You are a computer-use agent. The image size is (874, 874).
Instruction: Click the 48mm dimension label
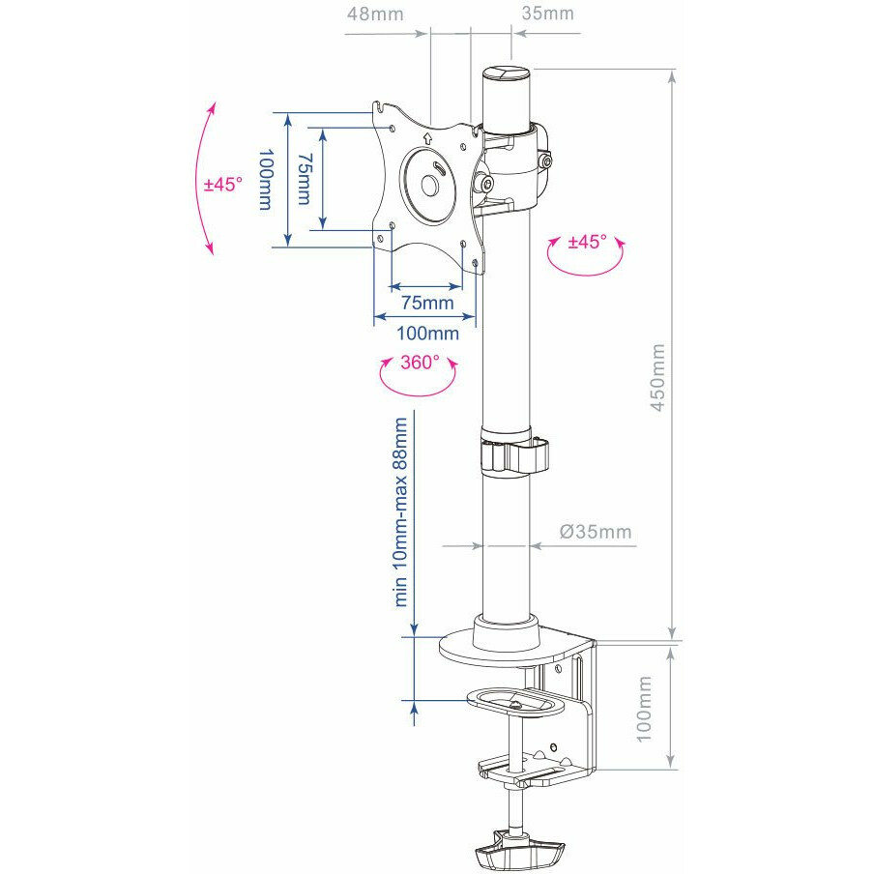(x=375, y=14)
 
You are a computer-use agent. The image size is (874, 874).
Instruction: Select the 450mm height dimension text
(x=657, y=377)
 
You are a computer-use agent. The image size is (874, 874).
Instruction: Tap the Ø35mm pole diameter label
(x=596, y=532)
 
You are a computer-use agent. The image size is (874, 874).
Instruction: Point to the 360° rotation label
(x=420, y=363)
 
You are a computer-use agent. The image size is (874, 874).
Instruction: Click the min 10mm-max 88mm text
(x=401, y=511)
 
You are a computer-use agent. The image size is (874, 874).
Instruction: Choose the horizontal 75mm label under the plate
(x=427, y=303)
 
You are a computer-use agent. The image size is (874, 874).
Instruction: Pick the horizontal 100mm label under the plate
(x=427, y=334)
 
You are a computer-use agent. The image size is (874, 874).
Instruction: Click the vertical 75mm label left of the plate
(x=305, y=179)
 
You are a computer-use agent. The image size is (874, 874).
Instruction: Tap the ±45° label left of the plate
(x=223, y=184)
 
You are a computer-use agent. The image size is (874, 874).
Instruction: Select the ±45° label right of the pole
(x=587, y=242)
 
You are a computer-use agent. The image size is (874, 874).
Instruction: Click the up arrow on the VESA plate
(x=427, y=138)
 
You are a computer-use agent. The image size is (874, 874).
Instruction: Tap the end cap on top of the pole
(x=506, y=73)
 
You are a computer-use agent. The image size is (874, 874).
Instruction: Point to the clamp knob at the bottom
(x=519, y=846)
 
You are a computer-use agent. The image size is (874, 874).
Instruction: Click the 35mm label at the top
(x=547, y=14)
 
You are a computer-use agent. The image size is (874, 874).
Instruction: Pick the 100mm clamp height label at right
(x=644, y=709)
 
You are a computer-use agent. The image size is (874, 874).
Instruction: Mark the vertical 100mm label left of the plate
(x=266, y=179)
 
